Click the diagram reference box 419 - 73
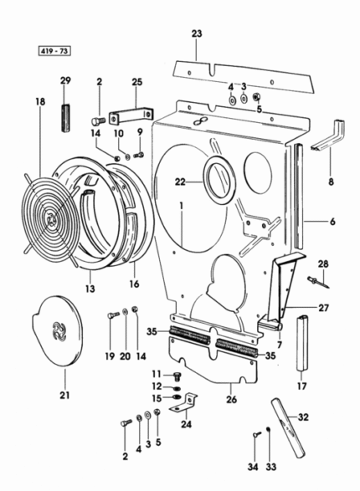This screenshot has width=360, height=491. pos(54,51)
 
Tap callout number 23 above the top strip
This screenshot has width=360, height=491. pos(197,33)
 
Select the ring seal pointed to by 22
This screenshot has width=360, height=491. pos(219,180)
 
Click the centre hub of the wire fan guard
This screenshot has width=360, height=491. pos(51,220)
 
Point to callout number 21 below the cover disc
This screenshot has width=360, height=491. pos(64,395)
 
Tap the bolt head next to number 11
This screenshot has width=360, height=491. pos(177,376)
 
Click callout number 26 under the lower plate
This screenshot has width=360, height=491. pos(231,400)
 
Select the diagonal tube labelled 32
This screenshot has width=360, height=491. pos(288,427)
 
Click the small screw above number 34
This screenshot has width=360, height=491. pos(256,434)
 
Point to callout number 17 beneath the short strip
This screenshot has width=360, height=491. pos(301,386)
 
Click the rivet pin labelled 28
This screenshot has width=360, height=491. pos(318,282)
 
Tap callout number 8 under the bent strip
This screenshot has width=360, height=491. pos(331,182)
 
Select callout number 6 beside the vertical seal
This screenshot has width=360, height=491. pos(332,222)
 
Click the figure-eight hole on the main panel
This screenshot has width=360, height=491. pos(199,121)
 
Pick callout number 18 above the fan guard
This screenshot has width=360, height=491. pos(40,101)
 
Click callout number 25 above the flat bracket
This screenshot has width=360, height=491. pos(136,82)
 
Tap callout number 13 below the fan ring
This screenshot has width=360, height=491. pos(90,289)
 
